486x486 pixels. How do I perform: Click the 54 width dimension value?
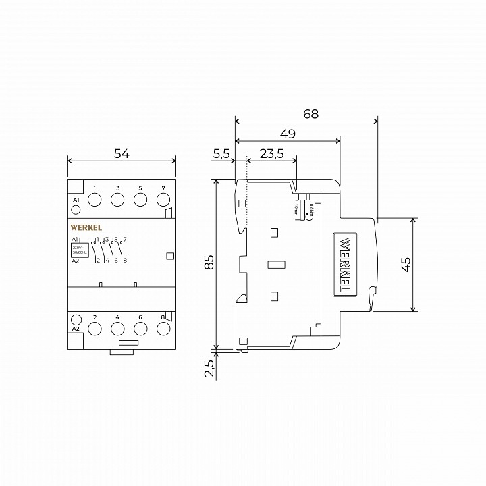point(122,153)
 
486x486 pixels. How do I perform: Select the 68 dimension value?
point(310,114)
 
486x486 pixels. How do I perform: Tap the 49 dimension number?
point(288,134)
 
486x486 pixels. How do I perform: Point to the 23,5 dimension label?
point(271,153)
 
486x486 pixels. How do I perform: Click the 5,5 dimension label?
point(221,153)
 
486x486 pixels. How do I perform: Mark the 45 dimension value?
point(406,265)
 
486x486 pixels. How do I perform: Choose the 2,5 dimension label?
point(209,368)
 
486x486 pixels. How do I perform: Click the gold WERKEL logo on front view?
point(86,228)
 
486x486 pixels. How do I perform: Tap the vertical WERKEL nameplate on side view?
point(345,264)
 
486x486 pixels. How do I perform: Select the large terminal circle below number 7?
point(163,200)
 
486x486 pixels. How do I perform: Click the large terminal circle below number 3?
point(117,200)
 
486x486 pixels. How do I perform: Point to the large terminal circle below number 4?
point(117,329)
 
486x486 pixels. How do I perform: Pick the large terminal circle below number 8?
point(163,329)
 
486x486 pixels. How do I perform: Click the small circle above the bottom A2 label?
point(76,319)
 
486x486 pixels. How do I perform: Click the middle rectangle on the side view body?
point(274,264)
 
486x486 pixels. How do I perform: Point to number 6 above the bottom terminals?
point(140,317)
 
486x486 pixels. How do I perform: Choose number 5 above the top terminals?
point(140,188)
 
